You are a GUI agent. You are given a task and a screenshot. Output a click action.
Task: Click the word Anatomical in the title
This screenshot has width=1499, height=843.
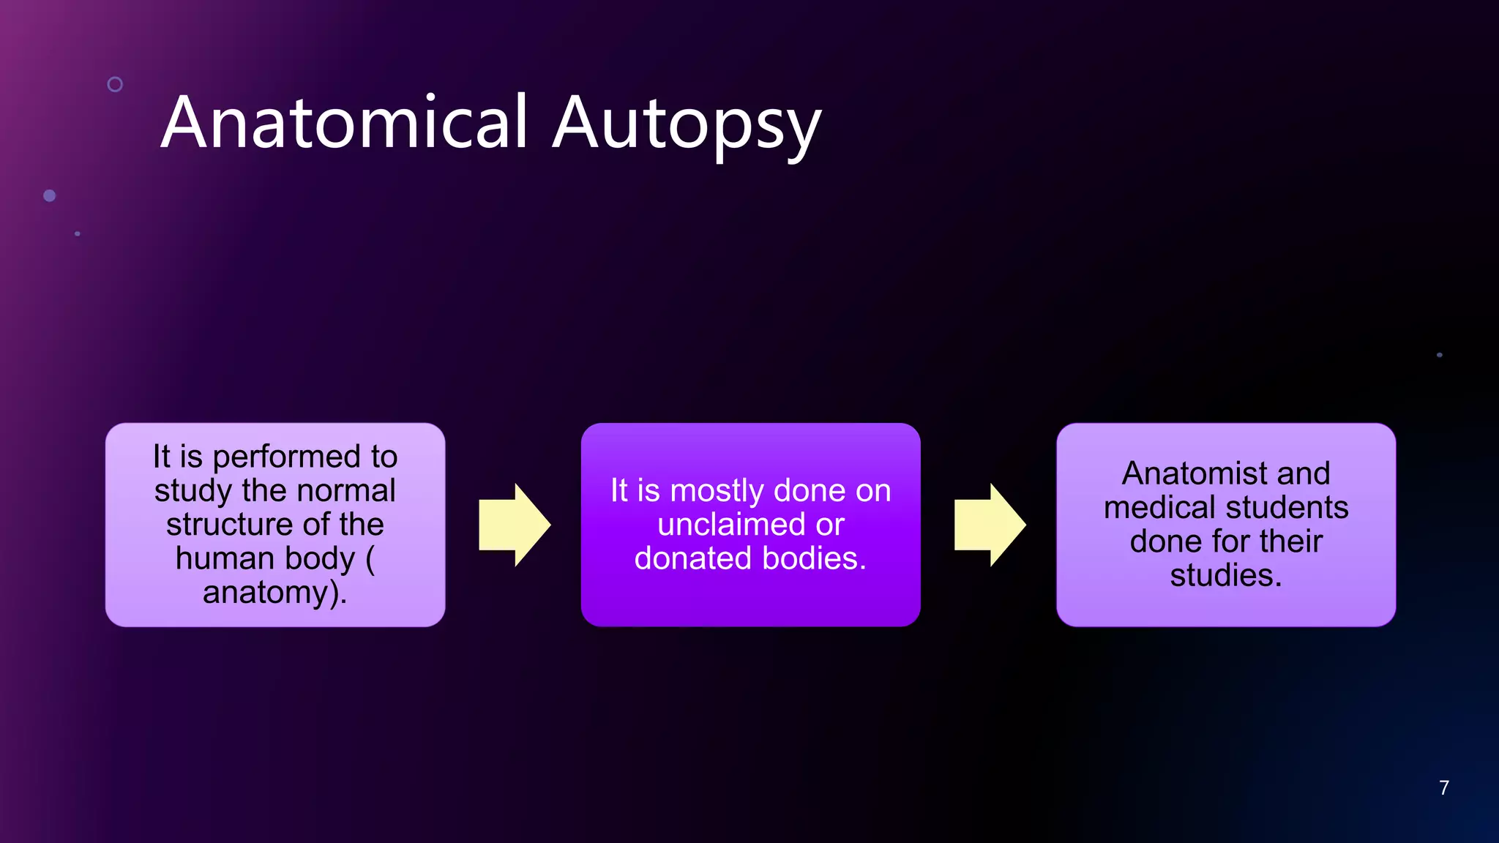[344, 122]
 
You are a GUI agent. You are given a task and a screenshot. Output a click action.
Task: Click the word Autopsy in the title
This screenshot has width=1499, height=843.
[686, 124]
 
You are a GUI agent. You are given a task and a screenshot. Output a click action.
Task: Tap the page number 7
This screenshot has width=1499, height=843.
[1443, 787]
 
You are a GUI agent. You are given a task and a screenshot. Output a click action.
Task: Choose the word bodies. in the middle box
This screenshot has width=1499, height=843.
[814, 559]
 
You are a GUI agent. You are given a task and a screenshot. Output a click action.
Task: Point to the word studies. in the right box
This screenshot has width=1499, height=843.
[1226, 575]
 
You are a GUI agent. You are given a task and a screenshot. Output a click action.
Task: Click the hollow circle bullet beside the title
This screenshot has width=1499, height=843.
[115, 84]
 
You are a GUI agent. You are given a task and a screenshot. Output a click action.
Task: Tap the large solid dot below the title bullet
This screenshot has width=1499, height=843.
[50, 195]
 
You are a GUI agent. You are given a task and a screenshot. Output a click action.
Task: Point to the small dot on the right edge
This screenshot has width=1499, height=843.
[1439, 355]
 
